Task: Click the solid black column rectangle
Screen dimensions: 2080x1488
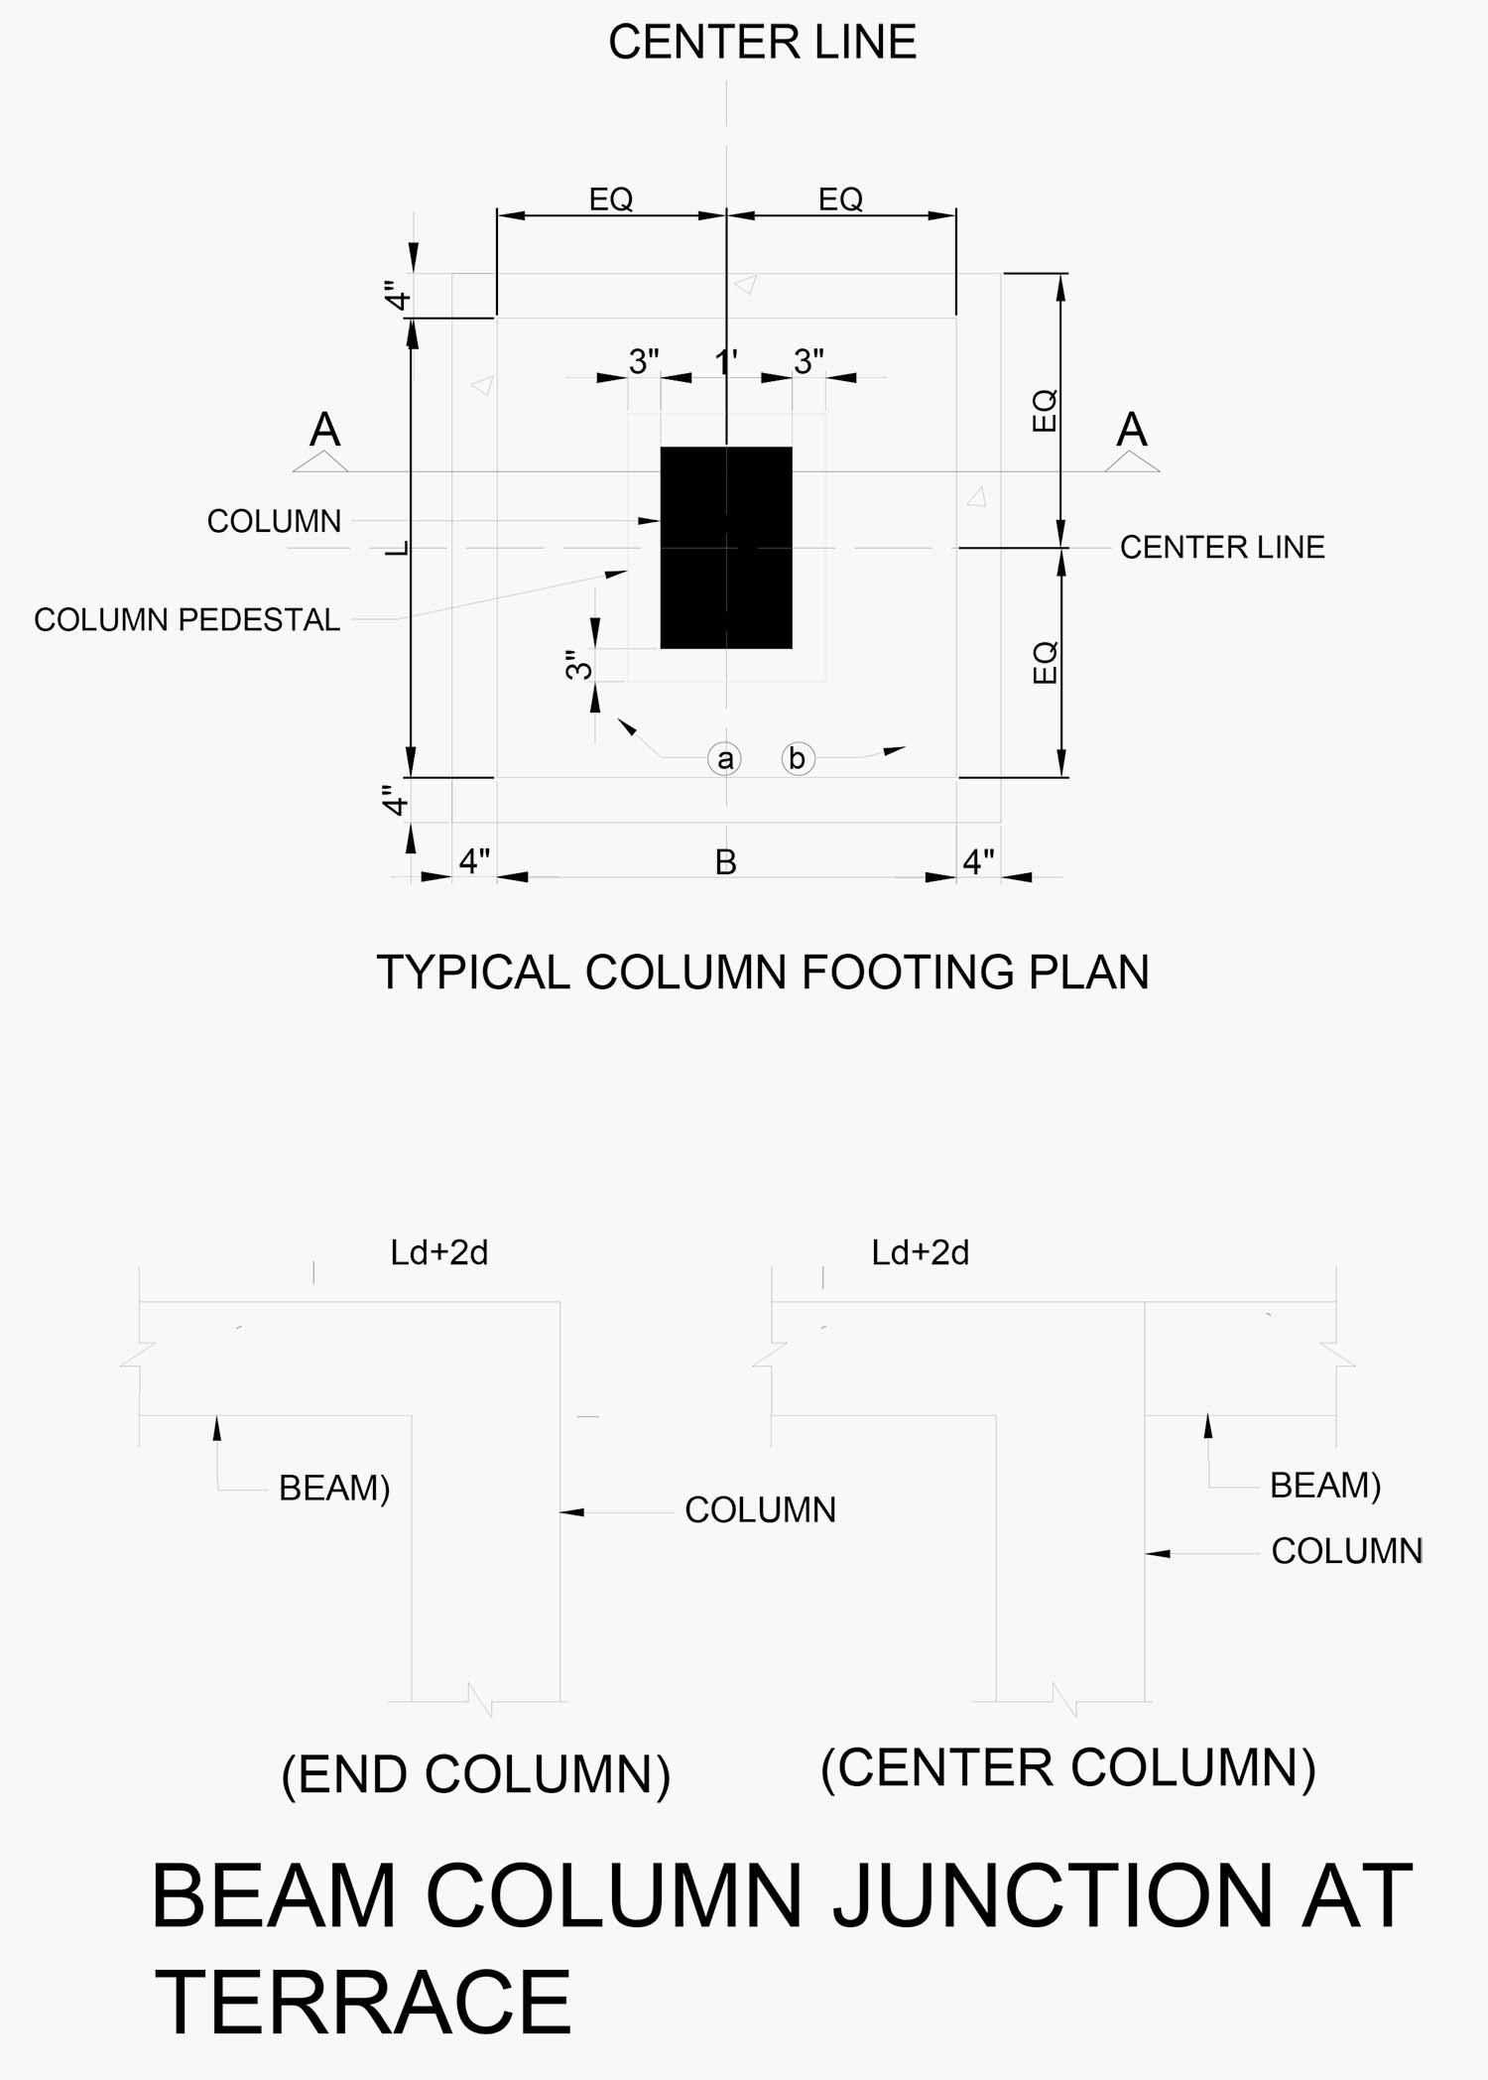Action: [726, 548]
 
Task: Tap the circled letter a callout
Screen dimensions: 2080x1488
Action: [725, 759]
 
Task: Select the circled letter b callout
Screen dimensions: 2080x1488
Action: [798, 758]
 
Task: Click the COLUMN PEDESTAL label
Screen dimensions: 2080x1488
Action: [186, 620]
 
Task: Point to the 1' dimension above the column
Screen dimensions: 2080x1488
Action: [726, 362]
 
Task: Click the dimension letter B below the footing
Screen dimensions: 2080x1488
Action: [726, 862]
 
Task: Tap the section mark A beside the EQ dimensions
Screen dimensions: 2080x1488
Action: [1132, 431]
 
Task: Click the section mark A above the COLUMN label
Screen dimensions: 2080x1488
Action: [324, 431]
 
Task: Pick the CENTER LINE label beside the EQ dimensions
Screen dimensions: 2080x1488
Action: [1222, 548]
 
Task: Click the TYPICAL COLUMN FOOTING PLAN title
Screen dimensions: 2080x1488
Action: [762, 973]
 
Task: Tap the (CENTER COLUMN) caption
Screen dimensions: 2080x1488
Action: [1068, 1768]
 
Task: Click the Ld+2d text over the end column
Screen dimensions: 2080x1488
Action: [438, 1253]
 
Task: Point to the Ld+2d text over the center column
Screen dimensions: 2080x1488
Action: [920, 1253]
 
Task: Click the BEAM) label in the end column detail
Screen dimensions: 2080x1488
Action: [334, 1489]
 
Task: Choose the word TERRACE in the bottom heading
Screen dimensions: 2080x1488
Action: [363, 2003]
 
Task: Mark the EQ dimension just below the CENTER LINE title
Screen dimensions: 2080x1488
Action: [840, 199]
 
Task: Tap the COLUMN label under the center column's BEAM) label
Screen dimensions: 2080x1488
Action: [1346, 1551]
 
